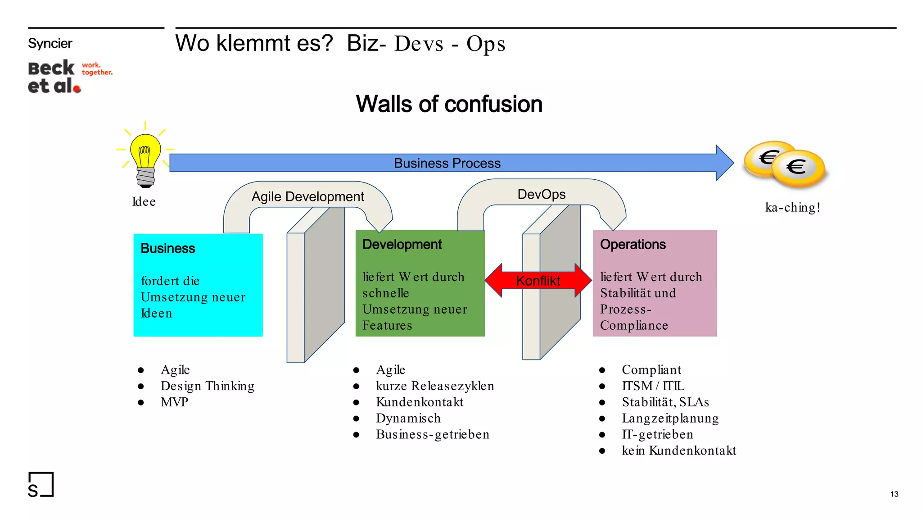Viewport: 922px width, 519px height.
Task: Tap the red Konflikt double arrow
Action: (538, 280)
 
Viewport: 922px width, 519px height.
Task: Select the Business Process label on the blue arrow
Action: (447, 163)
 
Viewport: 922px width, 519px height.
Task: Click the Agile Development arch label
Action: (307, 196)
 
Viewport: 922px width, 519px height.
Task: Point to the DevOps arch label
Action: (541, 194)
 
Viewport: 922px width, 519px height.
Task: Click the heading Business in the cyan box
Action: (168, 248)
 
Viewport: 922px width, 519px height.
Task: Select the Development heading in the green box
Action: (402, 244)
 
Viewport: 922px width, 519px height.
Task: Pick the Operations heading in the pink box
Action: (633, 244)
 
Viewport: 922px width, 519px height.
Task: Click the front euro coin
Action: (798, 168)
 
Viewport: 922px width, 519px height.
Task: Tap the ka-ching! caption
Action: (792, 207)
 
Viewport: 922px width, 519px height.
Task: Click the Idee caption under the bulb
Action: (144, 201)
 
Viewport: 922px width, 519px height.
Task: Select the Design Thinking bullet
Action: (207, 386)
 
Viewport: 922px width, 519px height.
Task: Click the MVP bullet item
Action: (174, 402)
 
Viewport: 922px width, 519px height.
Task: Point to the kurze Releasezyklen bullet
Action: (435, 386)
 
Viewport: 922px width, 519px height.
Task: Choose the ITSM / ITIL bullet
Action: (653, 386)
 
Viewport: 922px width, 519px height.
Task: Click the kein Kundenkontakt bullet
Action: (678, 451)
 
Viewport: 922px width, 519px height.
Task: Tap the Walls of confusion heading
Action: (449, 104)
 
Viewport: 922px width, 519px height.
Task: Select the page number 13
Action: (894, 494)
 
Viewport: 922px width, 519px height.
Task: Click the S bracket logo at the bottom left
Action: (41, 485)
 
